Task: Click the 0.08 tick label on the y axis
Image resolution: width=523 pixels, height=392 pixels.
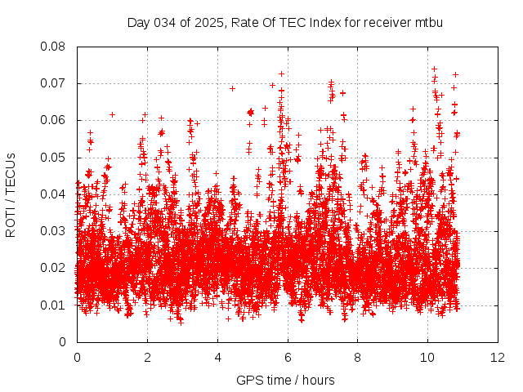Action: [x=53, y=47]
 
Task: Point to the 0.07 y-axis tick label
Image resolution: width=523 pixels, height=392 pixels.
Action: [x=53, y=83]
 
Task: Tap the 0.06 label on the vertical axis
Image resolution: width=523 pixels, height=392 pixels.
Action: [x=53, y=120]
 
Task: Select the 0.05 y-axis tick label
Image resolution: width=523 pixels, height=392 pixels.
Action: [x=53, y=158]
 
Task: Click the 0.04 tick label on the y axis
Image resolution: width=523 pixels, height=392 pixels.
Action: [x=53, y=194]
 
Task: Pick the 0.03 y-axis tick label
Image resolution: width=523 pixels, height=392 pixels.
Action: [x=53, y=231]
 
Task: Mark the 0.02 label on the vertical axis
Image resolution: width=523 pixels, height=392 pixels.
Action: [x=53, y=268]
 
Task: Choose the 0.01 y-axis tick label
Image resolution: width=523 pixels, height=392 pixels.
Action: [x=53, y=305]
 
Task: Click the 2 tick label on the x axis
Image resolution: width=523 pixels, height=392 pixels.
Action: [x=147, y=358]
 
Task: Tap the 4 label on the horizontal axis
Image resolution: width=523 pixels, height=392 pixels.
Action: [x=217, y=358]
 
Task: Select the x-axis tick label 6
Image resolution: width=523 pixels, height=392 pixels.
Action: [x=288, y=358]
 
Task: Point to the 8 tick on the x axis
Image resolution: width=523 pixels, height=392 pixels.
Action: [x=358, y=358]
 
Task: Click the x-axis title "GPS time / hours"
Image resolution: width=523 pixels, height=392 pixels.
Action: [x=285, y=380]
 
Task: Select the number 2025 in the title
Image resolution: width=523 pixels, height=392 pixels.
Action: [x=208, y=22]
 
